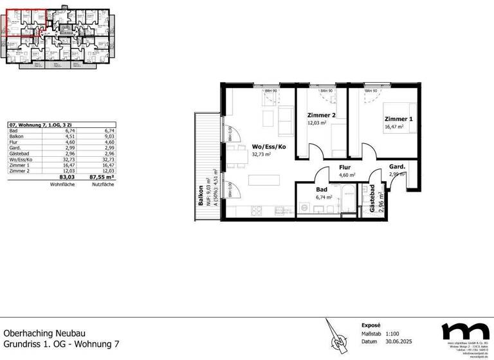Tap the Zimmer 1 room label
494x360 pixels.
pos(399,119)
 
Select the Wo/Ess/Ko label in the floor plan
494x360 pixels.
pos(269,147)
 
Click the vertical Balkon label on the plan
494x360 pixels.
pos(201,195)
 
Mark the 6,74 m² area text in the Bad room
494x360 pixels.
pos(324,198)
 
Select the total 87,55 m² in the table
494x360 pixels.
pos(104,176)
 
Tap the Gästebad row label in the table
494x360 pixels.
pos(19,153)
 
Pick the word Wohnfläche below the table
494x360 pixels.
pos(62,184)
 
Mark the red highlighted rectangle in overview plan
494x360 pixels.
pos(24,23)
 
